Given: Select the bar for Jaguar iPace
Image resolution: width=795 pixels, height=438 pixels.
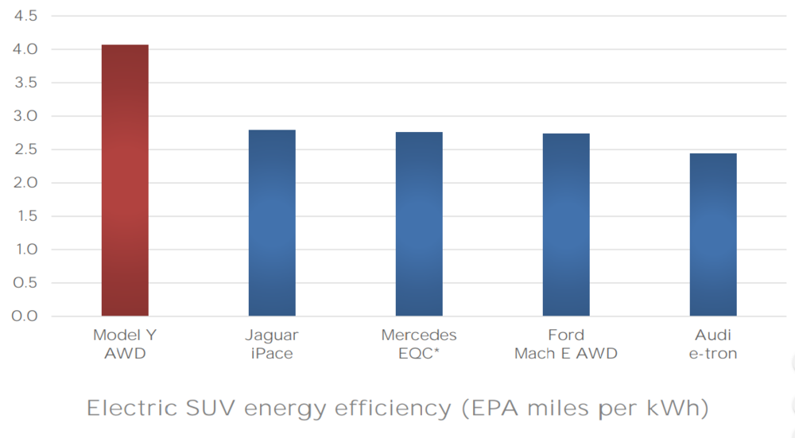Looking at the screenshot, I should point(272,223).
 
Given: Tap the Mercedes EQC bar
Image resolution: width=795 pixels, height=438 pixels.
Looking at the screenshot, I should point(419,224).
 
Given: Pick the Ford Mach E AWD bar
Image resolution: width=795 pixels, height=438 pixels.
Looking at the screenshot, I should point(566,225).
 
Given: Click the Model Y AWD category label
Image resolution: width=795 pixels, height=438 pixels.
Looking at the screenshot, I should point(125,344).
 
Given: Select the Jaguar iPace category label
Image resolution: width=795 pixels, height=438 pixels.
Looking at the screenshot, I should point(272,344).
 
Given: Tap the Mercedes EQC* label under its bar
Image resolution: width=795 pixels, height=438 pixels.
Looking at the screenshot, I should point(419,344).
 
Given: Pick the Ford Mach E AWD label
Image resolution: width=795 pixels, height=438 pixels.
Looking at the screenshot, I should point(566,344).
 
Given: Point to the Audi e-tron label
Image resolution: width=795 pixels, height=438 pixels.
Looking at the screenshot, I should point(713,344).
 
